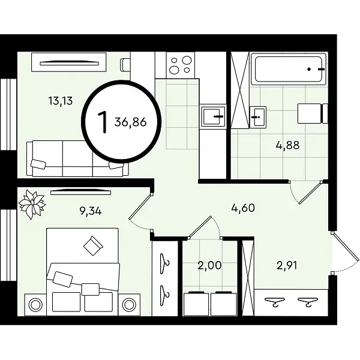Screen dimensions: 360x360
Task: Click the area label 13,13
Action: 61,101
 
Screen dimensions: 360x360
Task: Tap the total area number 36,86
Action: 130,122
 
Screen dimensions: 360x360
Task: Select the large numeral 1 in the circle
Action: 103,122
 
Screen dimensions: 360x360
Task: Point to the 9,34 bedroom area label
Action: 91,211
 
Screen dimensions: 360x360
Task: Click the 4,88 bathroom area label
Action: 287,145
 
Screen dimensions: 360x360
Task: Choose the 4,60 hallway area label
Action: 243,208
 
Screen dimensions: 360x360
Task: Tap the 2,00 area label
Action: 209,265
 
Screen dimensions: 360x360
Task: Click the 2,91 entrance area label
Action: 287,265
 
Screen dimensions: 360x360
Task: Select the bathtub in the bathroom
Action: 289,68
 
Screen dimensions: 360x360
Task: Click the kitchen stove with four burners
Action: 181,65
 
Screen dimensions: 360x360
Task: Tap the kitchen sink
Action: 213,116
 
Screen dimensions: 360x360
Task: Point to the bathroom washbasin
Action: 258,117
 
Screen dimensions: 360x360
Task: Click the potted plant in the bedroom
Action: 32,204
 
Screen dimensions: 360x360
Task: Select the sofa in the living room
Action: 77,158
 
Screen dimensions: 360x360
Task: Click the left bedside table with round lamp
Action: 35,305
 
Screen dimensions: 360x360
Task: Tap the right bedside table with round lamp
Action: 129,305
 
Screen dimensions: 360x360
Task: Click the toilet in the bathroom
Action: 313,113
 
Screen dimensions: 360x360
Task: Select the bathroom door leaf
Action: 310,193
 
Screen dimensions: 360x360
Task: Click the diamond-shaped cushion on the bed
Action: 93,245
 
